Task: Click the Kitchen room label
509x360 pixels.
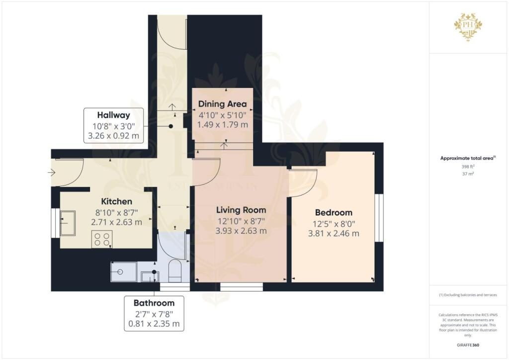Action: click(117, 201)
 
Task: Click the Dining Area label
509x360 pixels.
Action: click(222, 104)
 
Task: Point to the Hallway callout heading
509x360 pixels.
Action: click(113, 115)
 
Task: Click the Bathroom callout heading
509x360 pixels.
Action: click(154, 303)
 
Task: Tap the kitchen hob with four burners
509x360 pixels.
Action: click(101, 239)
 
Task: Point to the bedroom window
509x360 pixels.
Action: click(379, 217)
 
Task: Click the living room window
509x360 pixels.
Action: click(242, 286)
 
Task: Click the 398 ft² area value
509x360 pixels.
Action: click(468, 168)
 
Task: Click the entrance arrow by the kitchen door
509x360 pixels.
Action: click(52, 173)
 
